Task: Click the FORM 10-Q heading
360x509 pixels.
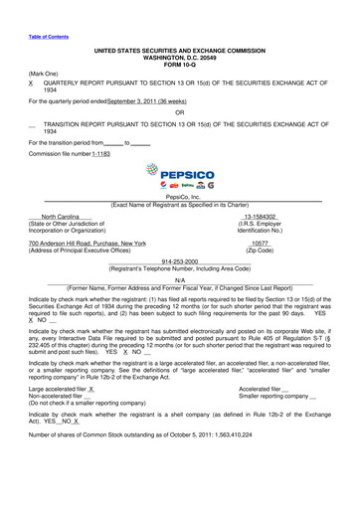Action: coord(180,66)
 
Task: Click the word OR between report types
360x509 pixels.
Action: coord(180,125)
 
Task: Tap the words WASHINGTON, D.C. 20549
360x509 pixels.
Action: coord(180,59)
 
